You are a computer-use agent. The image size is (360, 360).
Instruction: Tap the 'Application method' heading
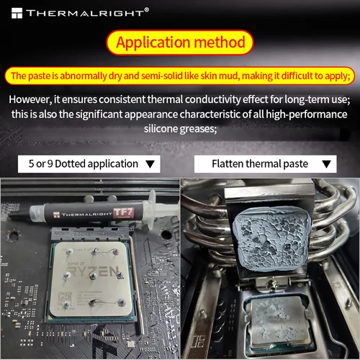pos(181,42)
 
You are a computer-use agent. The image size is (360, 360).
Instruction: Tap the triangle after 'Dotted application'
pos(150,164)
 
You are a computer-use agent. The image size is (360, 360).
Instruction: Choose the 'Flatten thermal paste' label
pos(260,163)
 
